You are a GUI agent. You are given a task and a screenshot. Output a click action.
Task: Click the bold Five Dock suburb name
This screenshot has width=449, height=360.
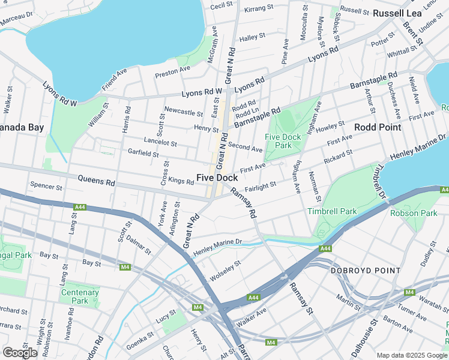217,178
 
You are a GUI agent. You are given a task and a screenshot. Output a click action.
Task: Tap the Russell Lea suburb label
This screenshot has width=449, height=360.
396,13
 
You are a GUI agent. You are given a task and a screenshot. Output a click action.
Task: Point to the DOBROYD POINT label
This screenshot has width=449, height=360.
366,271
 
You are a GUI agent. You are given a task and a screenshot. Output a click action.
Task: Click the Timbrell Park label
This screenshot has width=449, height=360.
331,211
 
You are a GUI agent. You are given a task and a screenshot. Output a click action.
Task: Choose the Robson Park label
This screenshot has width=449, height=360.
414,213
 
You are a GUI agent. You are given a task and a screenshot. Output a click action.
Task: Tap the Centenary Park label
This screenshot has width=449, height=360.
79,296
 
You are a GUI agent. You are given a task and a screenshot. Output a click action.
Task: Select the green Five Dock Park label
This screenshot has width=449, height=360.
283,141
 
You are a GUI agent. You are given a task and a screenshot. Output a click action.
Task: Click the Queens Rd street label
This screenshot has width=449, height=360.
97,180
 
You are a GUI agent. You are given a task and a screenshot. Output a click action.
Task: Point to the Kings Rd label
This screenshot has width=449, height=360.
181,181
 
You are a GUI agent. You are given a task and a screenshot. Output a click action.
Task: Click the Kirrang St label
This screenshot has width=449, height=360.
259,10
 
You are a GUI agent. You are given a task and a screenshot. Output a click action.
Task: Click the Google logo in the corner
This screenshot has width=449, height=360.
20,352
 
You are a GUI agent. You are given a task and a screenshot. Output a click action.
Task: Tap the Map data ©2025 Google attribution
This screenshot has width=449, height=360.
412,355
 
